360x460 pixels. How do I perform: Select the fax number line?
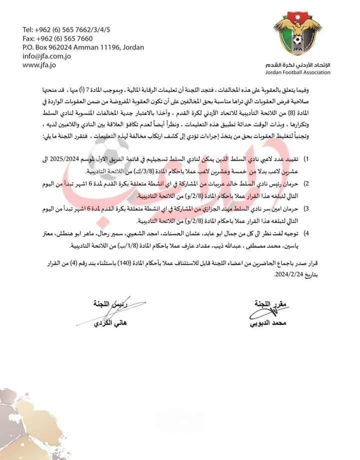[57, 38]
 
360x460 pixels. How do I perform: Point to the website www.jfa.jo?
[38, 65]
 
